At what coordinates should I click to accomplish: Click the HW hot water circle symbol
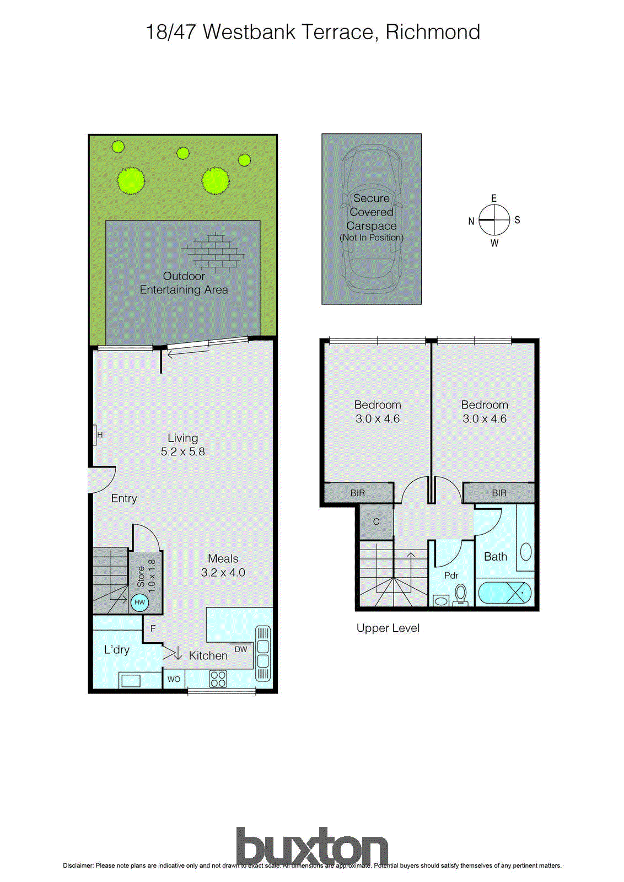[139, 602]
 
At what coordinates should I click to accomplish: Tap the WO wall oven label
[174, 679]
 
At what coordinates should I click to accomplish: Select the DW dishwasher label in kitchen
[241, 649]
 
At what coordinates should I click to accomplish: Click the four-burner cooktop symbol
[218, 679]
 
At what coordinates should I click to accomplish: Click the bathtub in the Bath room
[504, 593]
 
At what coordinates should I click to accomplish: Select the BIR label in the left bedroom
[358, 493]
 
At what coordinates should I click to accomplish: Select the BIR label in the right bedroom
[499, 493]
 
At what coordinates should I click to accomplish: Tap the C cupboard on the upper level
[376, 521]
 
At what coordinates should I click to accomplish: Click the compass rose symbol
[494, 220]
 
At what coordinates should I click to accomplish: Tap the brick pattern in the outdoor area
[213, 251]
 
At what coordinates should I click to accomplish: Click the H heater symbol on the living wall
[96, 434]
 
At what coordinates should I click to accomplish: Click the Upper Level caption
[388, 628]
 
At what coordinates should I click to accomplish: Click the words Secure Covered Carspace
[371, 212]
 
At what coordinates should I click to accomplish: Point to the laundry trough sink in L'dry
[131, 680]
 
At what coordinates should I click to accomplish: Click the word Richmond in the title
[433, 32]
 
